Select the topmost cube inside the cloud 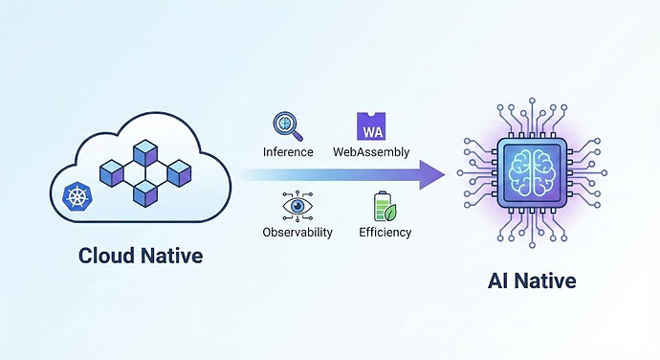coord(144,152)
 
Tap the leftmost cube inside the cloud coord(111,173)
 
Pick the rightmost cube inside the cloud coord(179,173)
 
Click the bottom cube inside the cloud coord(144,194)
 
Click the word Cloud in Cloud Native coord(103,256)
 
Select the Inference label coord(287,152)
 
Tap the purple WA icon coord(370,126)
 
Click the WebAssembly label coord(370,152)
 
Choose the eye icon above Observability coord(297,206)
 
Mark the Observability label coord(297,232)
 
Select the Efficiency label coord(385,232)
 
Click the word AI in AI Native coord(495,282)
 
